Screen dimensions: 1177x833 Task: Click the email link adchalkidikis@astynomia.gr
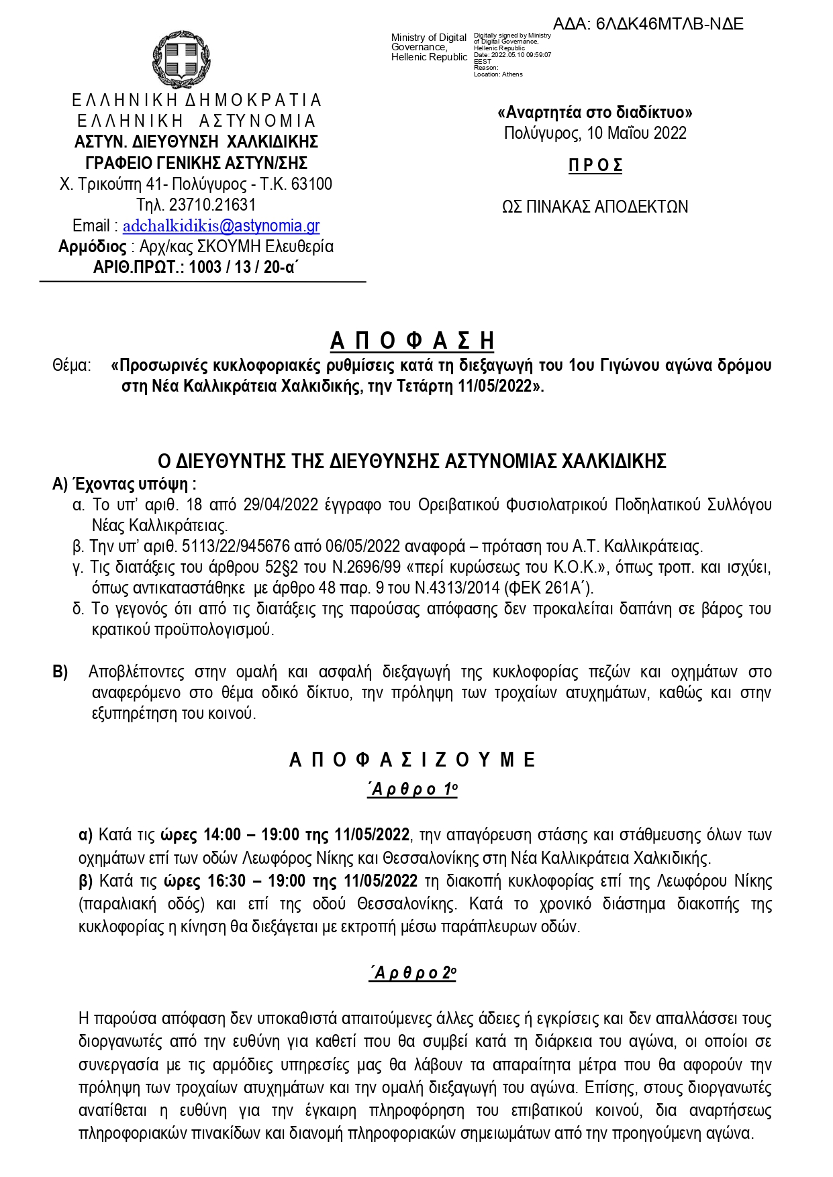tap(221, 226)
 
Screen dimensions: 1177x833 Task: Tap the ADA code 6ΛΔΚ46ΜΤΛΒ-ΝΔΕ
tap(669, 24)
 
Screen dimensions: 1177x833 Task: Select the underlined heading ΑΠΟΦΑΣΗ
tap(412, 341)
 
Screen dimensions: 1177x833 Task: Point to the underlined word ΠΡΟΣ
tap(595, 165)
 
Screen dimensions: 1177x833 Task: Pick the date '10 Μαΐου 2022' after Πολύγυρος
tap(636, 133)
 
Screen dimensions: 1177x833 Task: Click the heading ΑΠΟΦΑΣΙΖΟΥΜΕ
tap(412, 760)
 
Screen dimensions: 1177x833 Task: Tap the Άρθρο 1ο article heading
tap(413, 789)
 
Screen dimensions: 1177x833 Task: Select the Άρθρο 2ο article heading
tap(413, 972)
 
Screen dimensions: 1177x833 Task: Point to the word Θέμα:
tap(71, 366)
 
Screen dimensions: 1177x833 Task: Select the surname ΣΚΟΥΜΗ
tap(226, 247)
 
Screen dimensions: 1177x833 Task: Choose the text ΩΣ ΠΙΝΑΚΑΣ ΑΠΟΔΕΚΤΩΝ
tap(595, 207)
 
